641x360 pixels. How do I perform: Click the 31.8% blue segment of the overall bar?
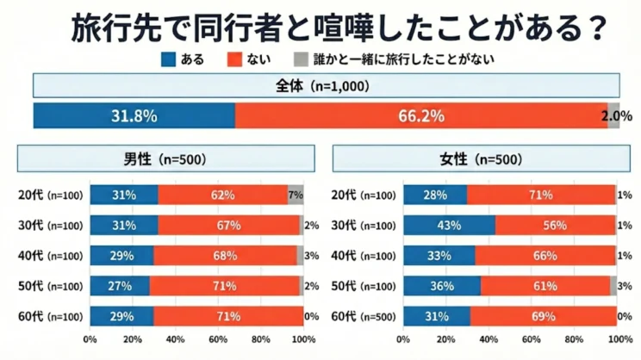[x=134, y=115]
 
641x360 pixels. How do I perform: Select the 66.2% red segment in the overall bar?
[x=420, y=115]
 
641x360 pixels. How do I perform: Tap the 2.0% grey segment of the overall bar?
[x=613, y=115]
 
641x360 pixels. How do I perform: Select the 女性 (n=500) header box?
[x=476, y=159]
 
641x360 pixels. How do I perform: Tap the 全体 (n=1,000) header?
[x=326, y=87]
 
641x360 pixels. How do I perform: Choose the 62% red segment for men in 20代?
[x=222, y=196]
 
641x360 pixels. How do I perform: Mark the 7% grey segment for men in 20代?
[x=295, y=196]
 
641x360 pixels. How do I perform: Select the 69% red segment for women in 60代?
[x=543, y=316]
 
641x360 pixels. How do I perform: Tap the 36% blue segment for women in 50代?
[x=442, y=286]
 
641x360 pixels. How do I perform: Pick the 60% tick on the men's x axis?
[x=218, y=340]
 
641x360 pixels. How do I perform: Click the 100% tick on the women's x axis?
[x=616, y=340]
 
